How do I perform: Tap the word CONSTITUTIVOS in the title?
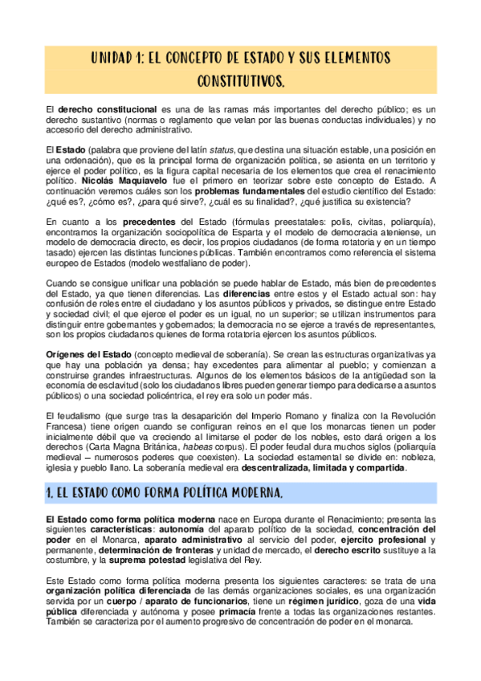click(240, 82)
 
